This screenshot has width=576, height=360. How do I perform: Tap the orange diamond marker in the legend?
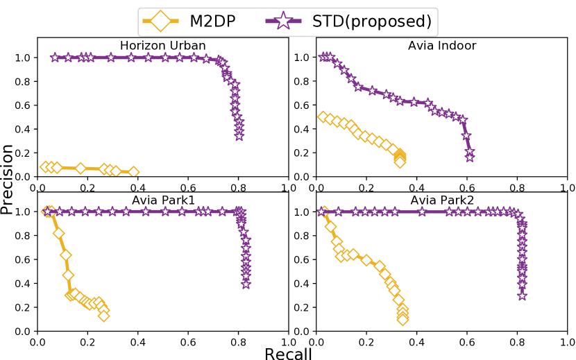pyautogui.click(x=161, y=21)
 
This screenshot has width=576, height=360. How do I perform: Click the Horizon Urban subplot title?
pyautogui.click(x=162, y=46)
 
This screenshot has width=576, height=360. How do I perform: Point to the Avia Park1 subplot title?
pyautogui.click(x=162, y=200)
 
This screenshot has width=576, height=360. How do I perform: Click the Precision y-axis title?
pyautogui.click(x=8, y=179)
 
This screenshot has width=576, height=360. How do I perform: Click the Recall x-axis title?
pyautogui.click(x=288, y=352)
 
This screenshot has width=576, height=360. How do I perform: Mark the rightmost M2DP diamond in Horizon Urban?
pyautogui.click(x=133, y=171)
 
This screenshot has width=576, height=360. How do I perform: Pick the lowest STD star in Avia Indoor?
pyautogui.click(x=470, y=157)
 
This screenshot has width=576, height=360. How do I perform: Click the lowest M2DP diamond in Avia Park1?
pyautogui.click(x=103, y=316)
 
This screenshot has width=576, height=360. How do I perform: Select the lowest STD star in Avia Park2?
pyautogui.click(x=522, y=295)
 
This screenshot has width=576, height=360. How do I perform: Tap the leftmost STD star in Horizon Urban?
pyautogui.click(x=55, y=58)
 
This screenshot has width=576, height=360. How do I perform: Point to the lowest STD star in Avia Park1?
pyautogui.click(x=246, y=284)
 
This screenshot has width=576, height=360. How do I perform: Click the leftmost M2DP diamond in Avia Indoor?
pyautogui.click(x=323, y=117)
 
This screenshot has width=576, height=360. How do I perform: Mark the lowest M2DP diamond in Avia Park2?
pyautogui.click(x=403, y=319)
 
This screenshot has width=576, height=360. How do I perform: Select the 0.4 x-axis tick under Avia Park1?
pyautogui.click(x=137, y=341)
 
